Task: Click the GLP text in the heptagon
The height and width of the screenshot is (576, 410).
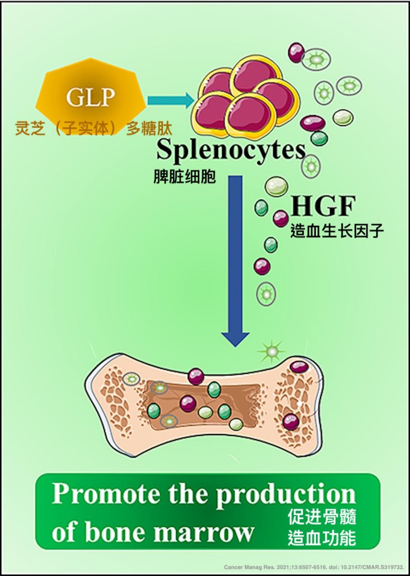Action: point(90,97)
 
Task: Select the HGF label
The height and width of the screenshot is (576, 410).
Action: point(323,206)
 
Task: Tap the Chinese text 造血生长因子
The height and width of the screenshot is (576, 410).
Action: point(337,231)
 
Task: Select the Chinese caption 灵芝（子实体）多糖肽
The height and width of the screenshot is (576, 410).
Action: point(94,128)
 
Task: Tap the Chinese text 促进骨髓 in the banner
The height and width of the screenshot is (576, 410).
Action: point(322,517)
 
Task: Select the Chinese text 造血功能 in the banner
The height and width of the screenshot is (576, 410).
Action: point(322,538)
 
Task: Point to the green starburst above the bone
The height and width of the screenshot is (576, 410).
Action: point(271,351)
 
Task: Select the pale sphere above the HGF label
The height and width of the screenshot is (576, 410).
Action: point(276,187)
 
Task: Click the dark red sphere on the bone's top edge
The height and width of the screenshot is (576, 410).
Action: point(196,375)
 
